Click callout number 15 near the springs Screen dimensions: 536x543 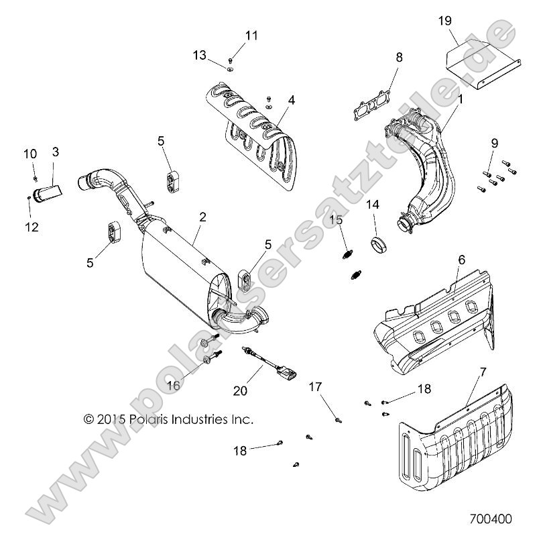pos(336,219)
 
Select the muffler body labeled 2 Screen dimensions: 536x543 pos(181,265)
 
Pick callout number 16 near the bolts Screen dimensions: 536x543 pos(174,385)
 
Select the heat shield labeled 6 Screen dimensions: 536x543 pos(429,315)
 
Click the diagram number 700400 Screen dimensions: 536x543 pos(491,519)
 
